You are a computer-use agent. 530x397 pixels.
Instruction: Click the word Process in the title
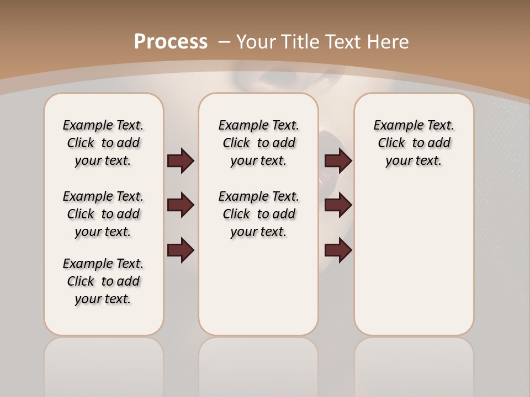pos(171,41)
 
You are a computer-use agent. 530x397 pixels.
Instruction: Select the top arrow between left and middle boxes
pos(181,160)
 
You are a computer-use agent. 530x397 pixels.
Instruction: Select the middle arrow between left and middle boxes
pos(181,205)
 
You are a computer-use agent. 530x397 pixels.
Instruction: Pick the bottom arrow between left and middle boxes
pos(181,250)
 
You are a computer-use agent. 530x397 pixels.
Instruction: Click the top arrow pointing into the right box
pos(338,160)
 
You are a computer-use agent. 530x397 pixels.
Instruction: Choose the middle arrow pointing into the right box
pos(338,205)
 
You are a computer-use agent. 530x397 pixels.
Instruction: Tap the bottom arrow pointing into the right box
pos(338,250)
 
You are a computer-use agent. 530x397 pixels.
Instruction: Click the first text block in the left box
pos(103,143)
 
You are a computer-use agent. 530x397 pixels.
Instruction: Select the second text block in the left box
pos(103,214)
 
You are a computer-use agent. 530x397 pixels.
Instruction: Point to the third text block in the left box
pos(103,281)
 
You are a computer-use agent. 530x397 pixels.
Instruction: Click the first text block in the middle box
pos(258,143)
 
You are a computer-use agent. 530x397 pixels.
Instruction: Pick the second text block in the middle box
pos(258,214)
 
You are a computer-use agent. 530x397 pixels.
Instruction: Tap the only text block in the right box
pos(414,143)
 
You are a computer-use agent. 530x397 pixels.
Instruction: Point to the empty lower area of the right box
pos(414,259)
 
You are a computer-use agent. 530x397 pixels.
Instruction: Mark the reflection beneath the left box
pos(104,364)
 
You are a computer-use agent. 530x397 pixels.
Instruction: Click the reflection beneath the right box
pos(414,364)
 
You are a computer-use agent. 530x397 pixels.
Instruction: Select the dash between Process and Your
pos(224,42)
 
